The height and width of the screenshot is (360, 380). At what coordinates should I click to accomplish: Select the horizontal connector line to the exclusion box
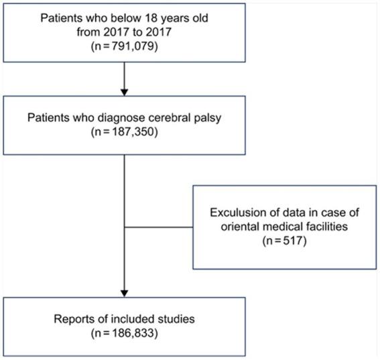pos(160,226)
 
